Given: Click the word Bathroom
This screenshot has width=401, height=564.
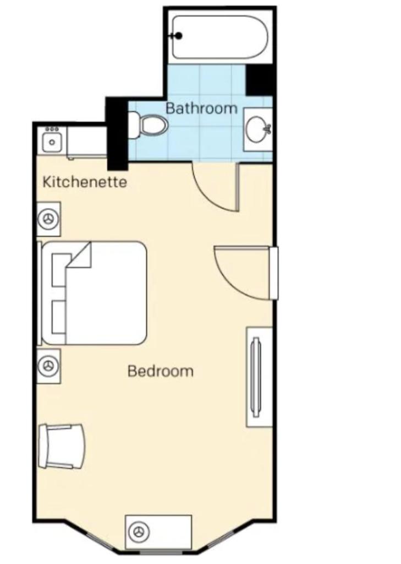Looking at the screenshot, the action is tap(201, 108).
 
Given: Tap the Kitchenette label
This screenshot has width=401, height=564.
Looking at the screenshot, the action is tap(85, 182).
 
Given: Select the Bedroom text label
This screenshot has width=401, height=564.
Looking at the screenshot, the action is tap(161, 371).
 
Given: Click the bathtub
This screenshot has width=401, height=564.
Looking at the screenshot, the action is tap(220, 37).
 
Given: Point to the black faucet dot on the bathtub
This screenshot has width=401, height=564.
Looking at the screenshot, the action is tap(178, 36).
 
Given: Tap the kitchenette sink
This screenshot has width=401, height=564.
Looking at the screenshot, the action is tap(52, 142).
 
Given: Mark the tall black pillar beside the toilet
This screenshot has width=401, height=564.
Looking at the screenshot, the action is tap(117, 134).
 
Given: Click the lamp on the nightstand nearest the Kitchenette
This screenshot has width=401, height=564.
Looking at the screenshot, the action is tap(48, 219).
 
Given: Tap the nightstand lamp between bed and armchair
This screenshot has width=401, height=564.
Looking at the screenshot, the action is tap(48, 366).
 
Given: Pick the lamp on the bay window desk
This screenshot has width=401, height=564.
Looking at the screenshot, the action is tap(139, 532).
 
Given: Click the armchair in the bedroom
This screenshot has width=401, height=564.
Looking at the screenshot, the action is tap(62, 446).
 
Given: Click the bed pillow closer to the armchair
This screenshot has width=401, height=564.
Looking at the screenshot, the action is tap(58, 317).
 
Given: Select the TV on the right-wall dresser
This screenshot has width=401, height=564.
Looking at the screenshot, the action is tap(256, 377).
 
